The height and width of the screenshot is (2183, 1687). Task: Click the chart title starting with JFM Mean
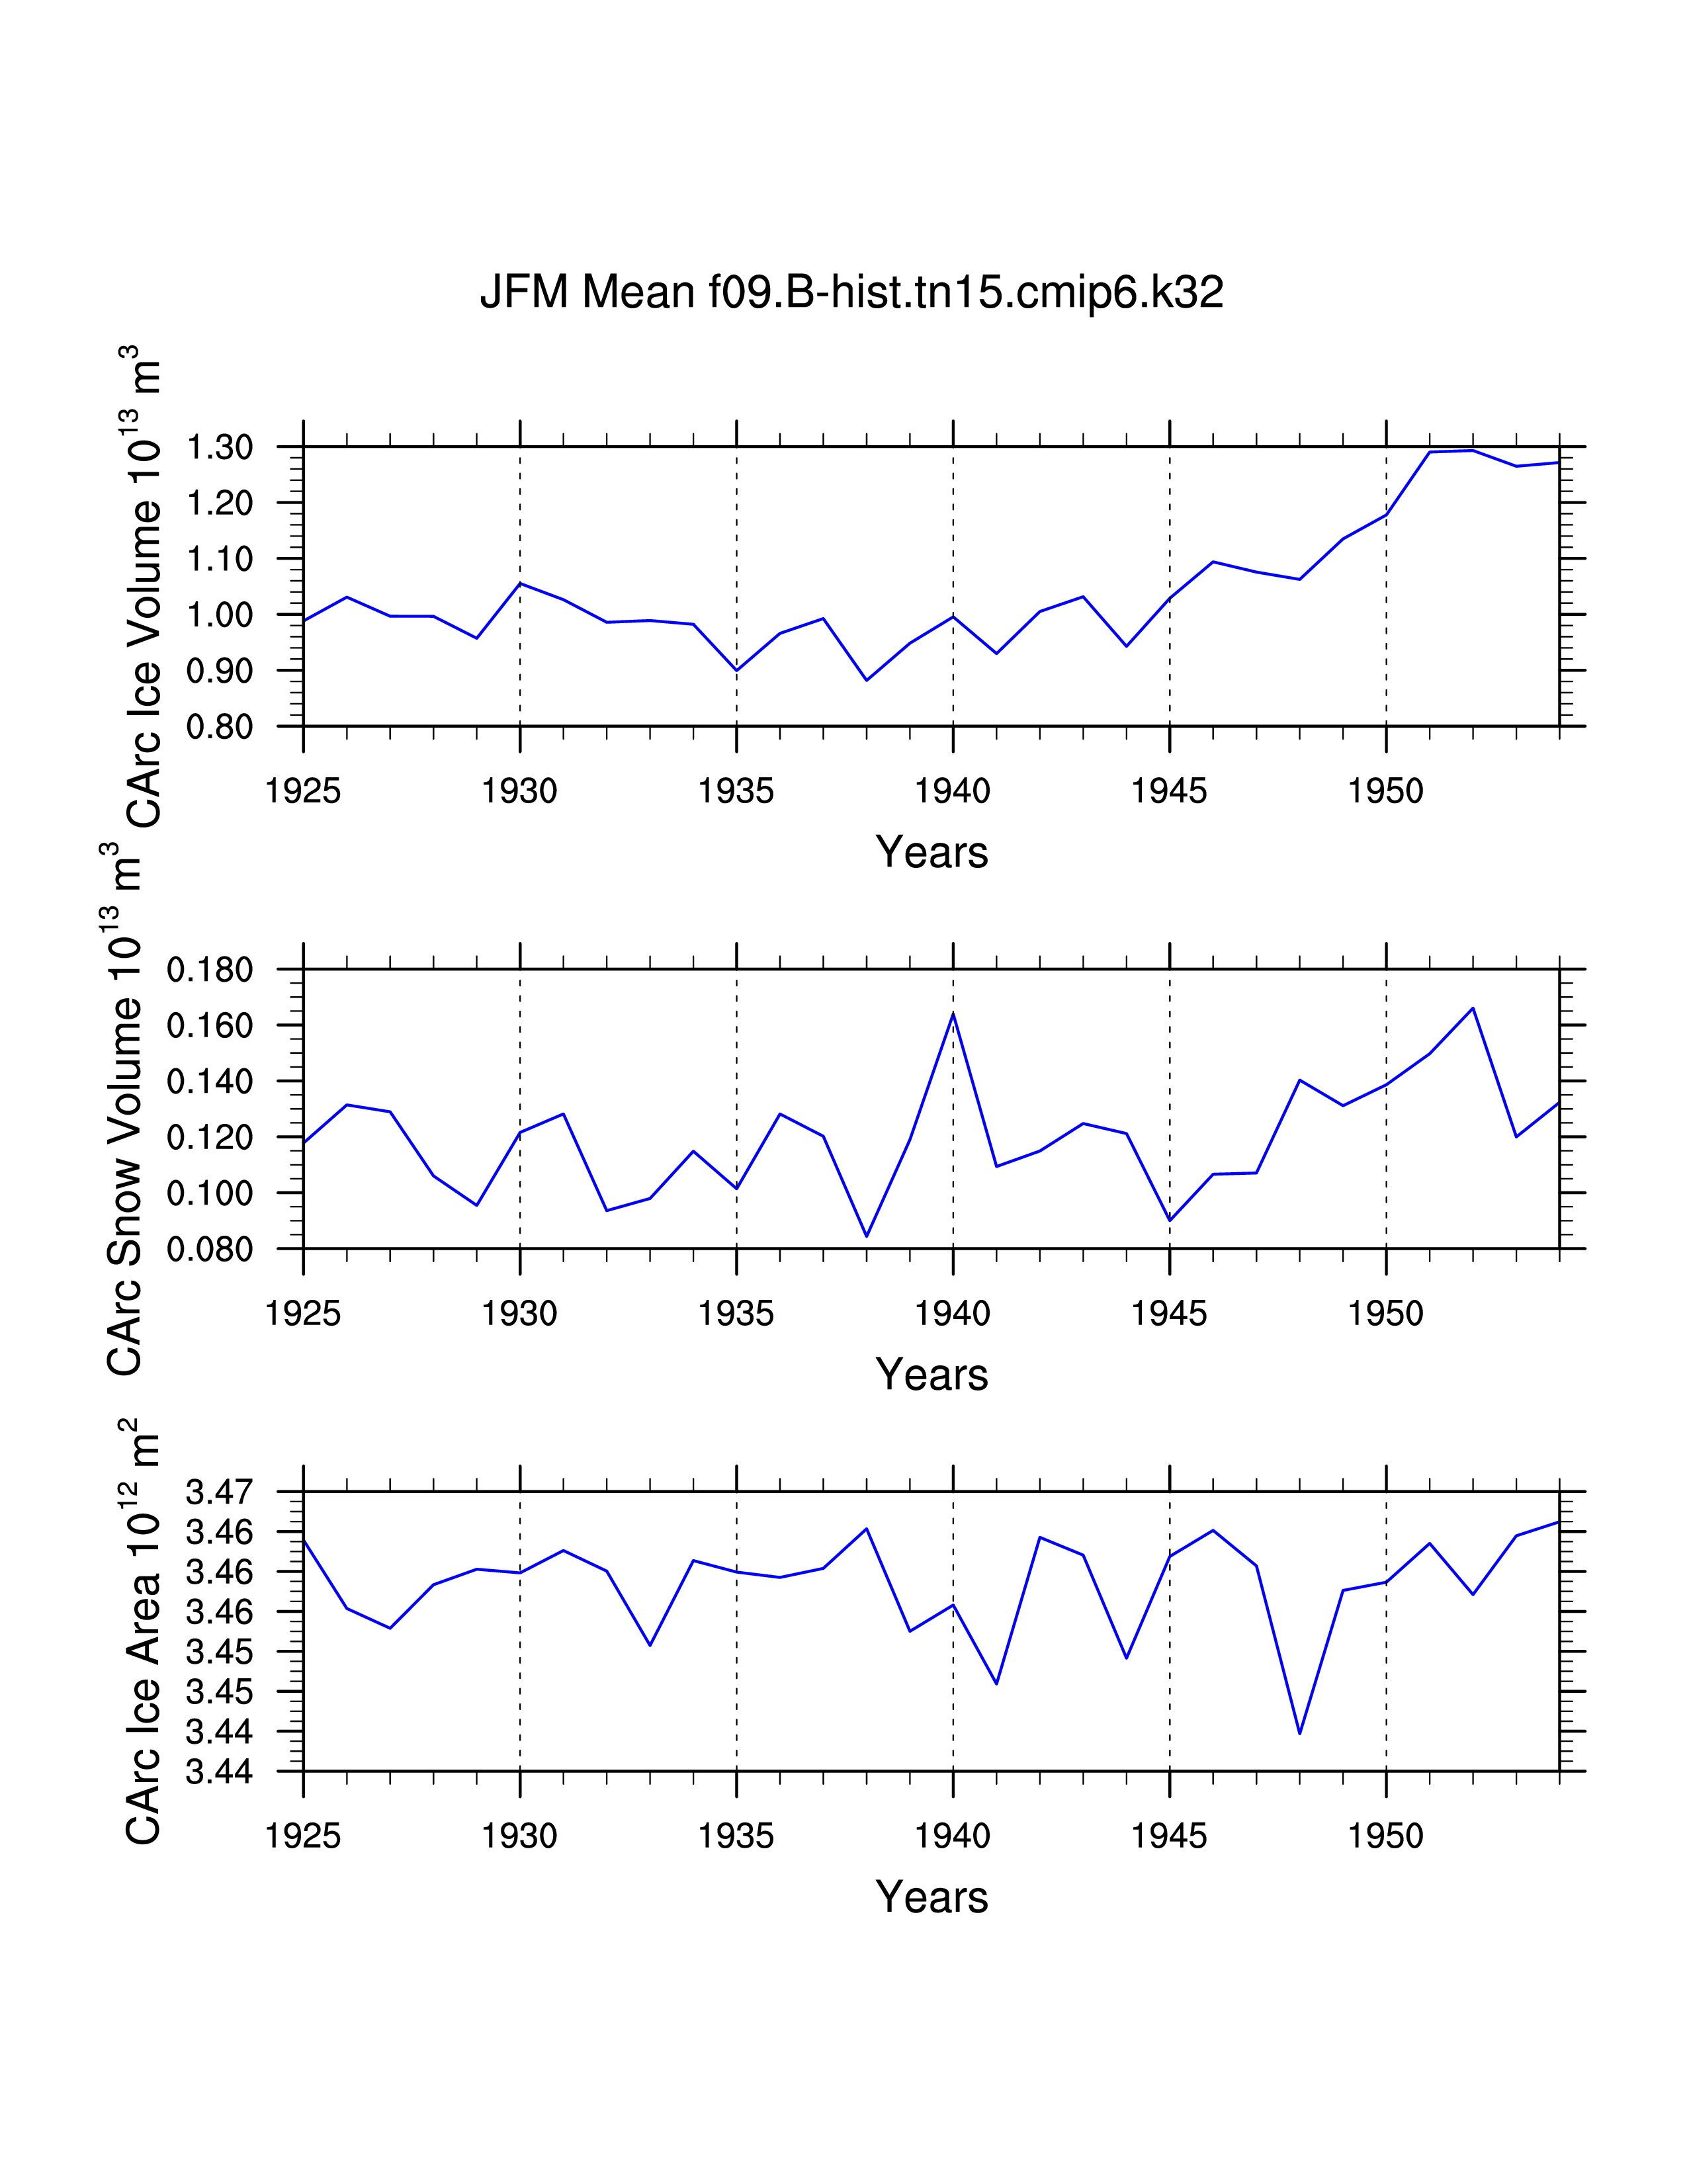point(851,292)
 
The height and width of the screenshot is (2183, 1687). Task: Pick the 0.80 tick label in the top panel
point(220,726)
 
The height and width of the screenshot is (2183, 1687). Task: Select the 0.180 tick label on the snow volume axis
point(210,970)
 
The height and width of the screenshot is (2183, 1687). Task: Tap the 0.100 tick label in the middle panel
point(210,1193)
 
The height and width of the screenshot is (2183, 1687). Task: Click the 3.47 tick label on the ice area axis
point(220,1492)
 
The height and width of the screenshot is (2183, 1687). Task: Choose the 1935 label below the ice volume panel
point(736,792)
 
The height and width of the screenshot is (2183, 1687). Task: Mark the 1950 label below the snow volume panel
point(1385,1313)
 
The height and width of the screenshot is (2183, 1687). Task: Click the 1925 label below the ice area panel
point(303,1836)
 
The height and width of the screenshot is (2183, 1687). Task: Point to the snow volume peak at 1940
point(953,1013)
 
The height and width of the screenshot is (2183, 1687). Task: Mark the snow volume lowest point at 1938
point(867,1236)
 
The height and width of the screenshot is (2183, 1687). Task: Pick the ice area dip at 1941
point(996,1684)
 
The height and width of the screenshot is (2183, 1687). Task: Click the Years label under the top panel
point(931,853)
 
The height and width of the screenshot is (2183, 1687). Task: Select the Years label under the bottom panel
point(931,1897)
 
